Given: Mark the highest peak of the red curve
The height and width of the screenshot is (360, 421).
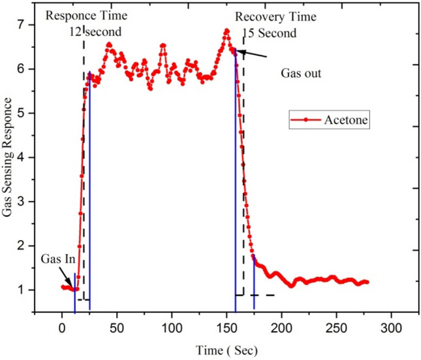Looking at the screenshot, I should coord(226,30).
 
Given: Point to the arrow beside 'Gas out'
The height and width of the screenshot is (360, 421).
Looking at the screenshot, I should coord(251,53).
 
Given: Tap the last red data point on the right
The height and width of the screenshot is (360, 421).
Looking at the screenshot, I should coord(367,282).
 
